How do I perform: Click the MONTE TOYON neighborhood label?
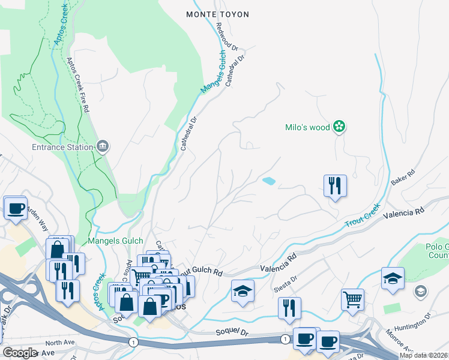coord(214,13)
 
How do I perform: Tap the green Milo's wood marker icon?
coord(340,127)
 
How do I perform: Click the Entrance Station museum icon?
coord(103,146)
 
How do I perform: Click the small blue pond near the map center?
coord(269,181)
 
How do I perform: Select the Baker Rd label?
coord(403,176)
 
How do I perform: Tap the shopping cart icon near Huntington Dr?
coord(352,298)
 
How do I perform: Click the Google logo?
coord(19,353)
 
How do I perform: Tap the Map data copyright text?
coord(424,355)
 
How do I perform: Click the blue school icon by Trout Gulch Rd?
coord(243,291)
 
